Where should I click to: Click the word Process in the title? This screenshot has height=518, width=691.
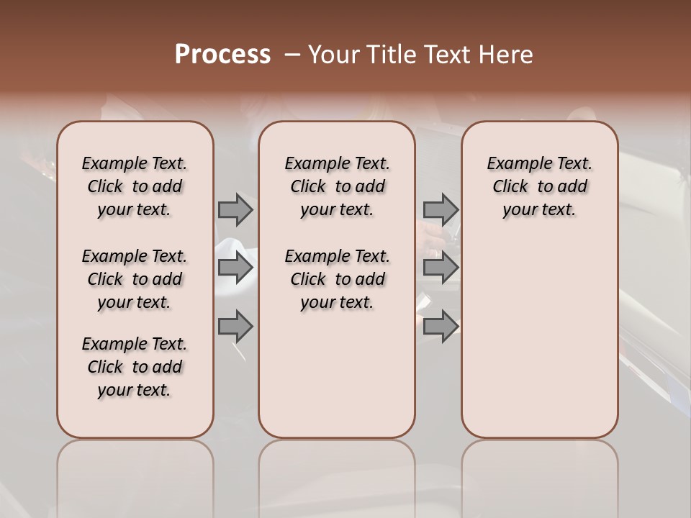[x=222, y=55]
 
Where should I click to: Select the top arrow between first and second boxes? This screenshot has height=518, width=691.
[x=235, y=209]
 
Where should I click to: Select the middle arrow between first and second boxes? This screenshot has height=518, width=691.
[x=235, y=268]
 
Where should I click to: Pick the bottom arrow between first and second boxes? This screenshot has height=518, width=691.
[x=235, y=327]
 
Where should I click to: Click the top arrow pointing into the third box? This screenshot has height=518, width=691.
[x=441, y=209]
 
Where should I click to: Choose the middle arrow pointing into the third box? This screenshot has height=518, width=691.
[x=441, y=268]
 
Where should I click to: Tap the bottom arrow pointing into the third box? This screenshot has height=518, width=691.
[x=441, y=327]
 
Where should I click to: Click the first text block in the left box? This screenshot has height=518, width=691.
[x=135, y=186]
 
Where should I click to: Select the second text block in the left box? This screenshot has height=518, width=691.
[x=135, y=279]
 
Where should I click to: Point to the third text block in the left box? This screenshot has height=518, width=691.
[x=135, y=367]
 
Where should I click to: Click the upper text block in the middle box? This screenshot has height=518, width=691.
[x=337, y=186]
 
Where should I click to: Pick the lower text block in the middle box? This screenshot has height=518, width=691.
[x=337, y=279]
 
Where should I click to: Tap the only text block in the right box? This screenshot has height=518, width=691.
[x=539, y=186]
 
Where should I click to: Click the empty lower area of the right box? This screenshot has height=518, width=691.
[x=539, y=338]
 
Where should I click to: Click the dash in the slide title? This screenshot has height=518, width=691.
[x=293, y=55]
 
